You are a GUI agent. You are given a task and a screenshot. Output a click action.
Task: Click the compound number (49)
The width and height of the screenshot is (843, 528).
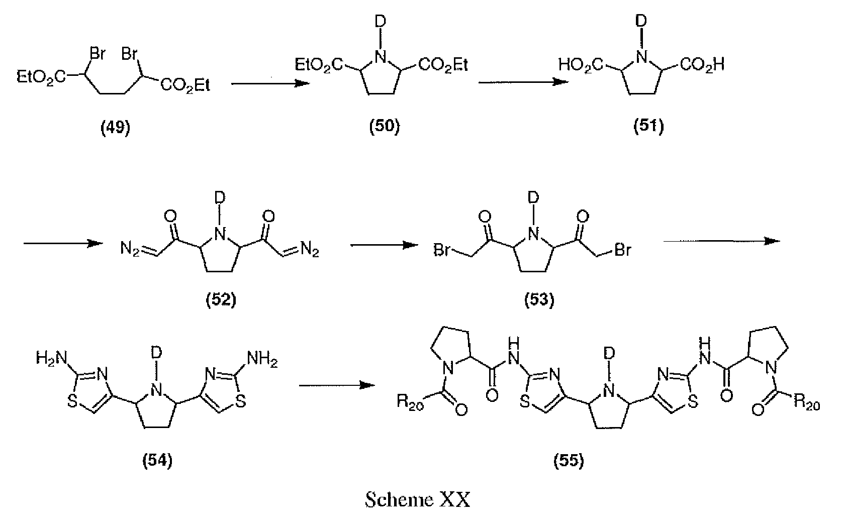pos(115,128)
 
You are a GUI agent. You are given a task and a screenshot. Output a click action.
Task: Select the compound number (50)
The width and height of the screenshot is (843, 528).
pos(384,126)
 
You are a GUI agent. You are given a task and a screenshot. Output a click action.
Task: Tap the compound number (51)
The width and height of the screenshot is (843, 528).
pos(648,126)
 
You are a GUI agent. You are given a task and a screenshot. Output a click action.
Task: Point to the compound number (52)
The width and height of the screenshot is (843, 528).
pos(221,300)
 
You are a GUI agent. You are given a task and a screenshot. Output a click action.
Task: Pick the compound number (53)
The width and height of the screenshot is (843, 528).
pos(539,300)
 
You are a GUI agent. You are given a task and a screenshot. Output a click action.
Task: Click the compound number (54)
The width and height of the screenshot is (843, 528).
pos(157,460)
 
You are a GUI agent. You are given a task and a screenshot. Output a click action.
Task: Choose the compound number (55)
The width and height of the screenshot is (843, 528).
pos(569,460)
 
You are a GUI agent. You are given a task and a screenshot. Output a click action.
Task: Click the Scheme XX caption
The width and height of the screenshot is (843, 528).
pos(418,500)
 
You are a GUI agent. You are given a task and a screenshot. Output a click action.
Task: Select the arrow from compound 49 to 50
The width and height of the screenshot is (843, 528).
pos(270,83)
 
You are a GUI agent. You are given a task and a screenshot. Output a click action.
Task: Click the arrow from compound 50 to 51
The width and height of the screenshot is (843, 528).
pos(523,81)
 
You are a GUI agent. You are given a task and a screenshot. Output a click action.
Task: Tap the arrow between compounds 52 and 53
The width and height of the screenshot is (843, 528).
pos(384,245)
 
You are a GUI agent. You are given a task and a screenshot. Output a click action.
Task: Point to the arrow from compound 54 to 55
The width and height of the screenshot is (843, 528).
pos(337,385)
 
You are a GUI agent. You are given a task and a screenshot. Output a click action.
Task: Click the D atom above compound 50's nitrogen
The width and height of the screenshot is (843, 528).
pos(381,22)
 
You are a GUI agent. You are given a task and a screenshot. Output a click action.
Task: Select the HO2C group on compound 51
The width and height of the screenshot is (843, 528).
pos(581,65)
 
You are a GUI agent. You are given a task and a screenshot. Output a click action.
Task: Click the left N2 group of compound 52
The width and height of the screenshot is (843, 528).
pos(130,249)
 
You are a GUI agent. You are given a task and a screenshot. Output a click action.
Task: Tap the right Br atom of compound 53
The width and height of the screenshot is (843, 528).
pos(623,250)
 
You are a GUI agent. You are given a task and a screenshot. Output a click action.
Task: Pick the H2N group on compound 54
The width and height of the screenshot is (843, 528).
pos(52,358)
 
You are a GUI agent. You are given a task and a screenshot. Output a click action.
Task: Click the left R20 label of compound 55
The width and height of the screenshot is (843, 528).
pos(410,403)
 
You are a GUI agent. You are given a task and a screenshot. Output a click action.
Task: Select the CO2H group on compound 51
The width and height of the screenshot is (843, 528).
pos(702,65)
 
